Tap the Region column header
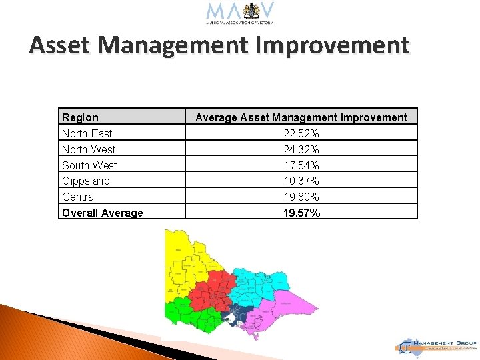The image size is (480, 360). (80, 117)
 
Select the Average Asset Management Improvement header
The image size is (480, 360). (301, 117)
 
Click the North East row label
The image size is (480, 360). (87, 133)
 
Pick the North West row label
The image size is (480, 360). (89, 149)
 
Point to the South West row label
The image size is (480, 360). (89, 165)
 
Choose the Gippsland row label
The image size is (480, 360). (86, 181)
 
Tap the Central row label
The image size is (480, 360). (79, 197)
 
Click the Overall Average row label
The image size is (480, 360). (102, 213)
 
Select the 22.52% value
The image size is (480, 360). (301, 133)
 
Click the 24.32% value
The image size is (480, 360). (301, 149)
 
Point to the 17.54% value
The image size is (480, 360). (301, 165)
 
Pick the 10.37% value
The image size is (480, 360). (301, 181)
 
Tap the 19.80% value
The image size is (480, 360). (301, 197)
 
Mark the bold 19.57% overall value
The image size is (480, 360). (301, 213)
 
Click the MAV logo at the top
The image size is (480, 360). (241, 13)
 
